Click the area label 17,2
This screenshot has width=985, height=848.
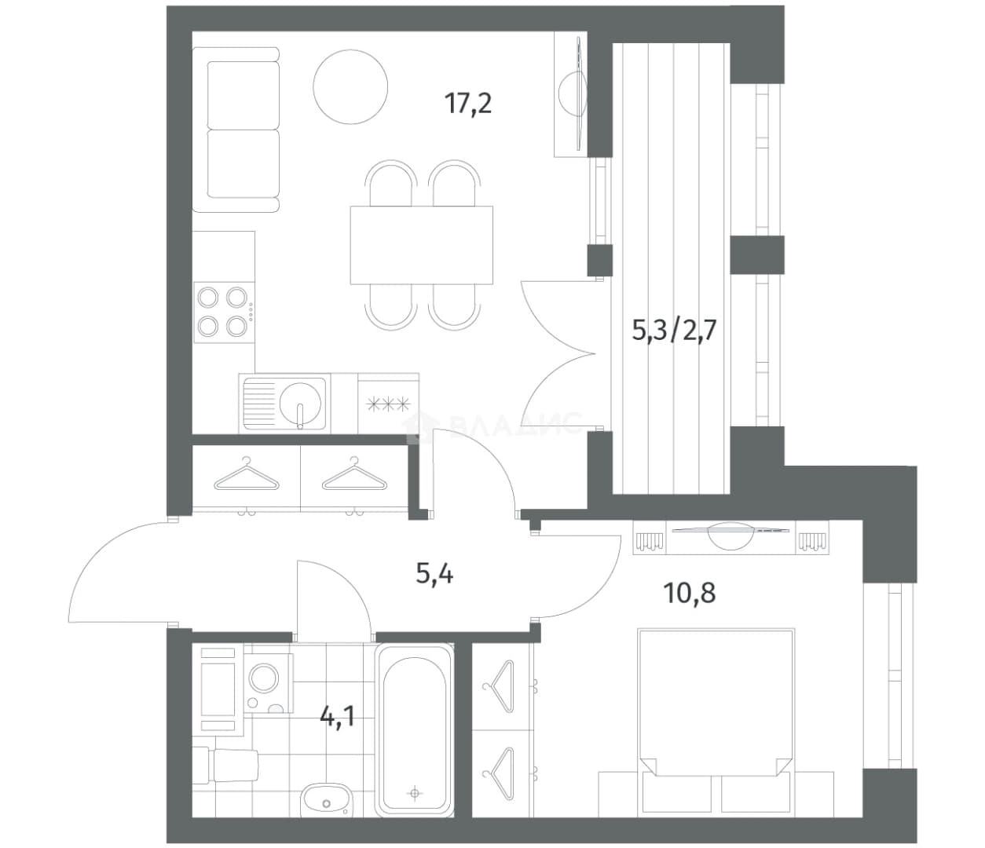tap(468, 104)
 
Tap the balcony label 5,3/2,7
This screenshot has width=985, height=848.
tap(674, 330)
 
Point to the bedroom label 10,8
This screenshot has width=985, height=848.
tap(689, 593)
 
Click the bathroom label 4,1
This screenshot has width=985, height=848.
tap(338, 715)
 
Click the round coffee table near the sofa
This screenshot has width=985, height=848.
tap(350, 86)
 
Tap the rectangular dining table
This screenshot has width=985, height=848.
tap(421, 245)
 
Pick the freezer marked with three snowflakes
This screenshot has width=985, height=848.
tap(388, 404)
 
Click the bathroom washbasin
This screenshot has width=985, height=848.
tap(326, 798)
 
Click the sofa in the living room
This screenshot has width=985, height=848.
tap(236, 130)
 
